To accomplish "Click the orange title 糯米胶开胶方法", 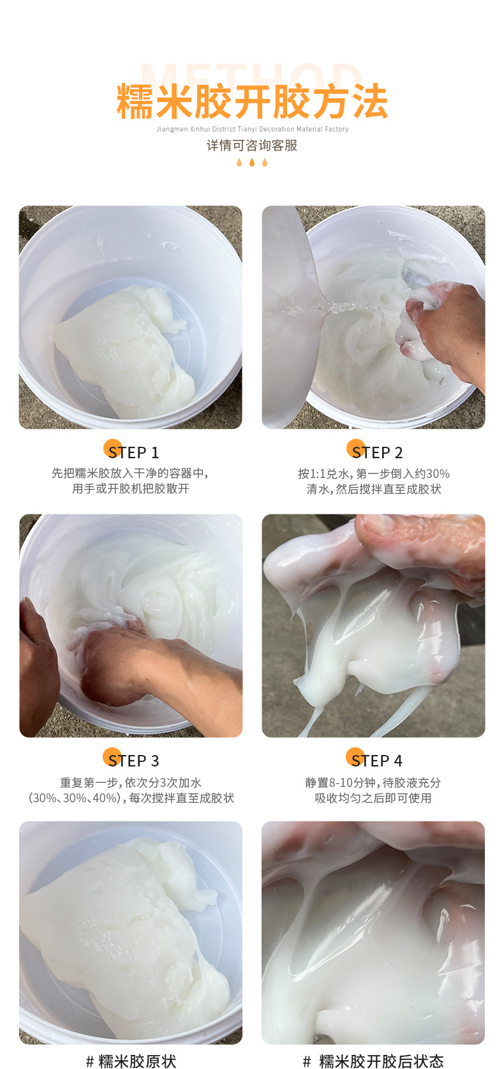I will tap(252, 102).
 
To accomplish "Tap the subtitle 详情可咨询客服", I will tap(252, 146).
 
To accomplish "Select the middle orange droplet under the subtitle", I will tap(252, 163).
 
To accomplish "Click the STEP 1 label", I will tap(134, 452).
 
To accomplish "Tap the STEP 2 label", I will tap(378, 452).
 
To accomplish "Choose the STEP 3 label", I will tap(134, 761).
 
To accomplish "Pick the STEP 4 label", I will tap(378, 761).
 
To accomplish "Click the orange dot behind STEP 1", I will tap(112, 449).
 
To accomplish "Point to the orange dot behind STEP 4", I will tap(355, 757).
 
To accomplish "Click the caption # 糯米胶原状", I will tap(131, 1061).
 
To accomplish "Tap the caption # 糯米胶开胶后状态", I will tap(373, 1061).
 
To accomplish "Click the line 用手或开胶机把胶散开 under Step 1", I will tap(131, 489).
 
